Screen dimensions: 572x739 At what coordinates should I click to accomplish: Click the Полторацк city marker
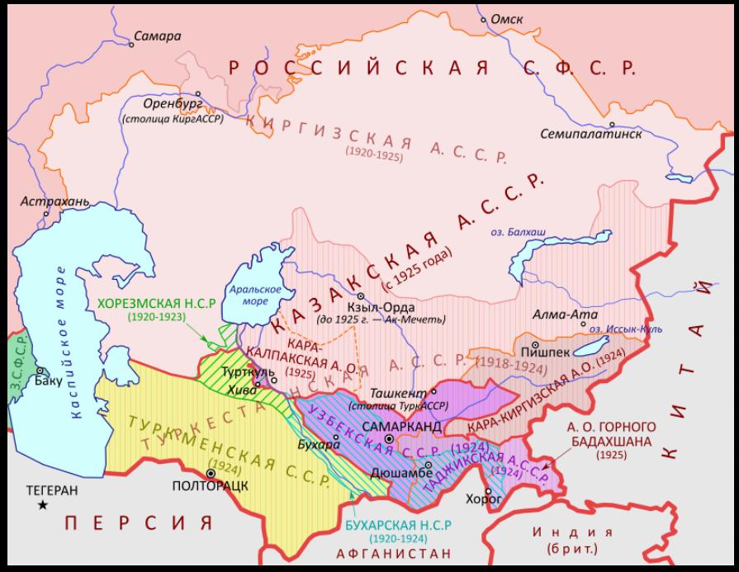(x=212, y=473)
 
